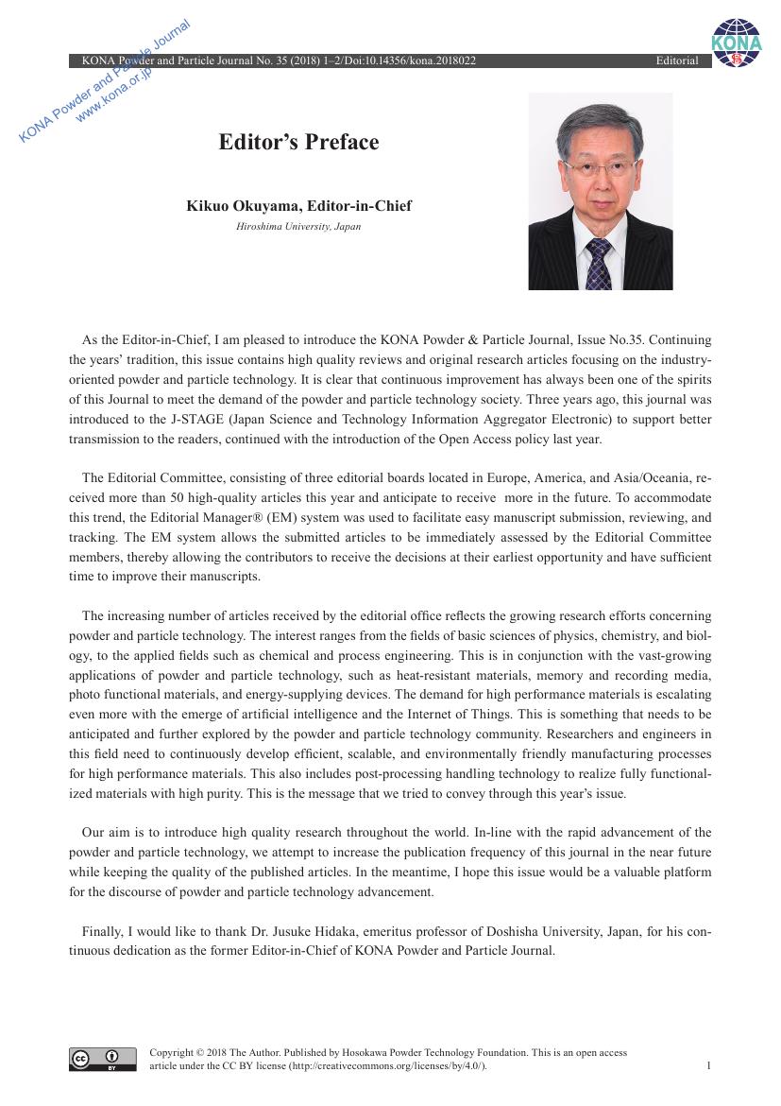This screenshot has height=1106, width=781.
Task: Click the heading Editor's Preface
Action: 298,143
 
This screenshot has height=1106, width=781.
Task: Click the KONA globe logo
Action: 736,43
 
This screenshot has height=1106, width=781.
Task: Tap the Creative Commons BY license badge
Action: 102,1060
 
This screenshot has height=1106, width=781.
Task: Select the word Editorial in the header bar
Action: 677,61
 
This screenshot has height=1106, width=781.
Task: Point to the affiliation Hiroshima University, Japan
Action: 298,227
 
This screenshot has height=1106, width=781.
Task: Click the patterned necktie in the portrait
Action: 598,265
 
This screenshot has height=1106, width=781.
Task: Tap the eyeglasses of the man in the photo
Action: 600,166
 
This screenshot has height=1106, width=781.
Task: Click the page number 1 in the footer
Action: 708,1066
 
